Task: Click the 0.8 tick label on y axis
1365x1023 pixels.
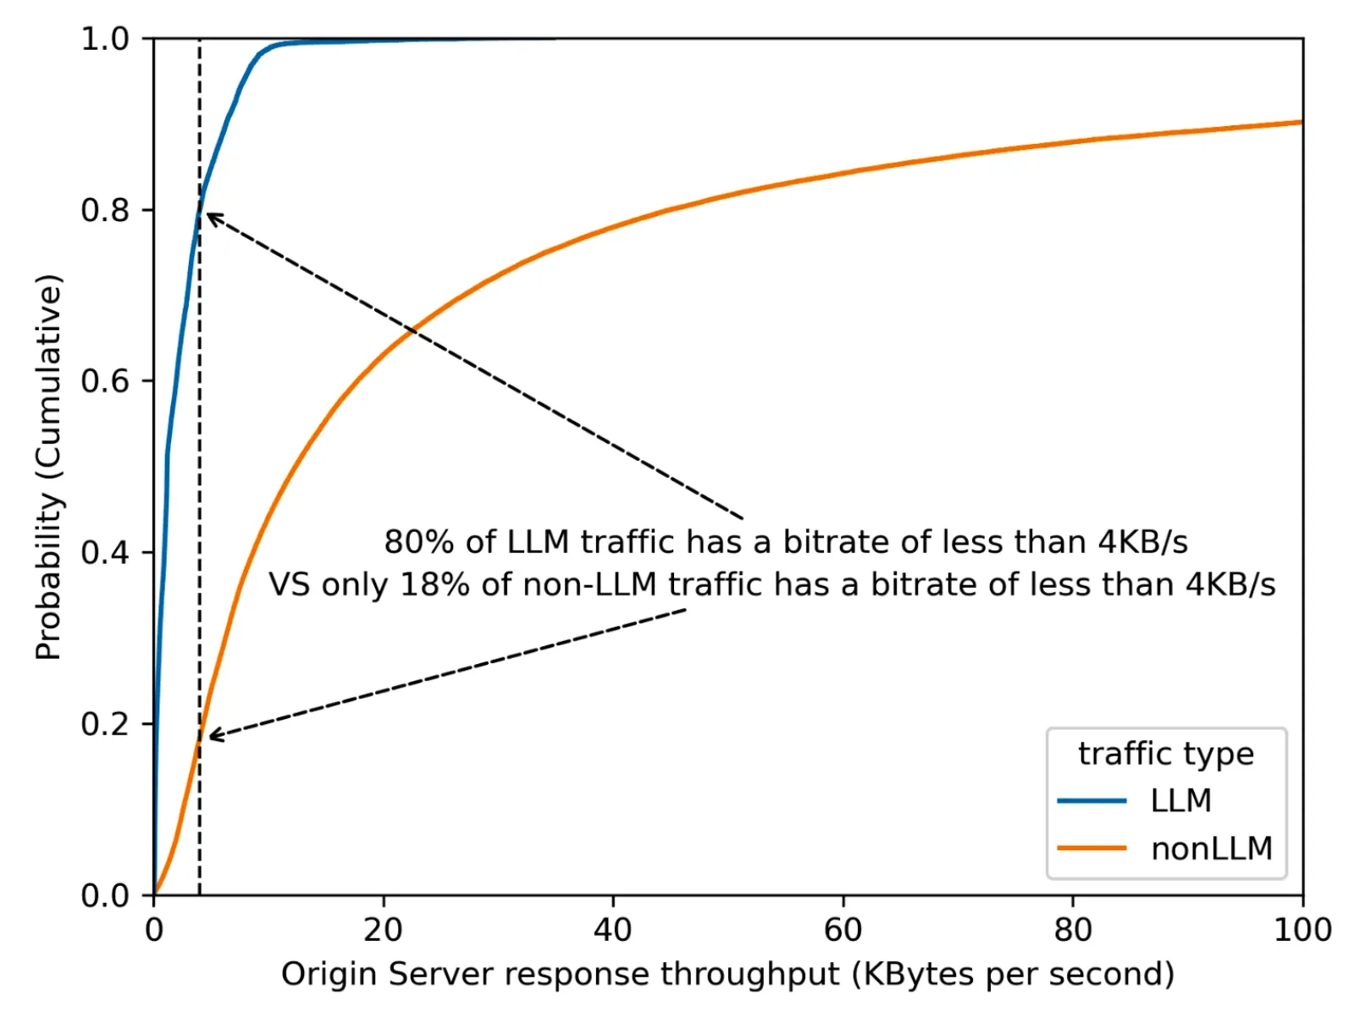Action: tap(104, 210)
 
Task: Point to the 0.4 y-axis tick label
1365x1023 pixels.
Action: tap(104, 553)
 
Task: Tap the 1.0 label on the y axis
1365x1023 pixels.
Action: tap(104, 39)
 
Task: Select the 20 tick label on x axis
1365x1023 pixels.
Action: tap(383, 930)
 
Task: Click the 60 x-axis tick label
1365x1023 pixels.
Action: tap(843, 930)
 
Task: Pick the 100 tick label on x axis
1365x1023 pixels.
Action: tap(1301, 930)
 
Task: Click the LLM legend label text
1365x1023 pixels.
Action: tap(1180, 800)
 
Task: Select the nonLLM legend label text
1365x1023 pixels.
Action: tap(1211, 849)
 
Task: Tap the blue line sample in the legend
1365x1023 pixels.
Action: tap(1091, 800)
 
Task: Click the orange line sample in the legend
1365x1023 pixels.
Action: tap(1091, 849)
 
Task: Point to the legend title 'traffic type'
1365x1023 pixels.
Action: tap(1165, 753)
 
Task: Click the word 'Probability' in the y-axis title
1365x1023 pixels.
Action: tap(49, 576)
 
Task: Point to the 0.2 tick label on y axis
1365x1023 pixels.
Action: tap(104, 724)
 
